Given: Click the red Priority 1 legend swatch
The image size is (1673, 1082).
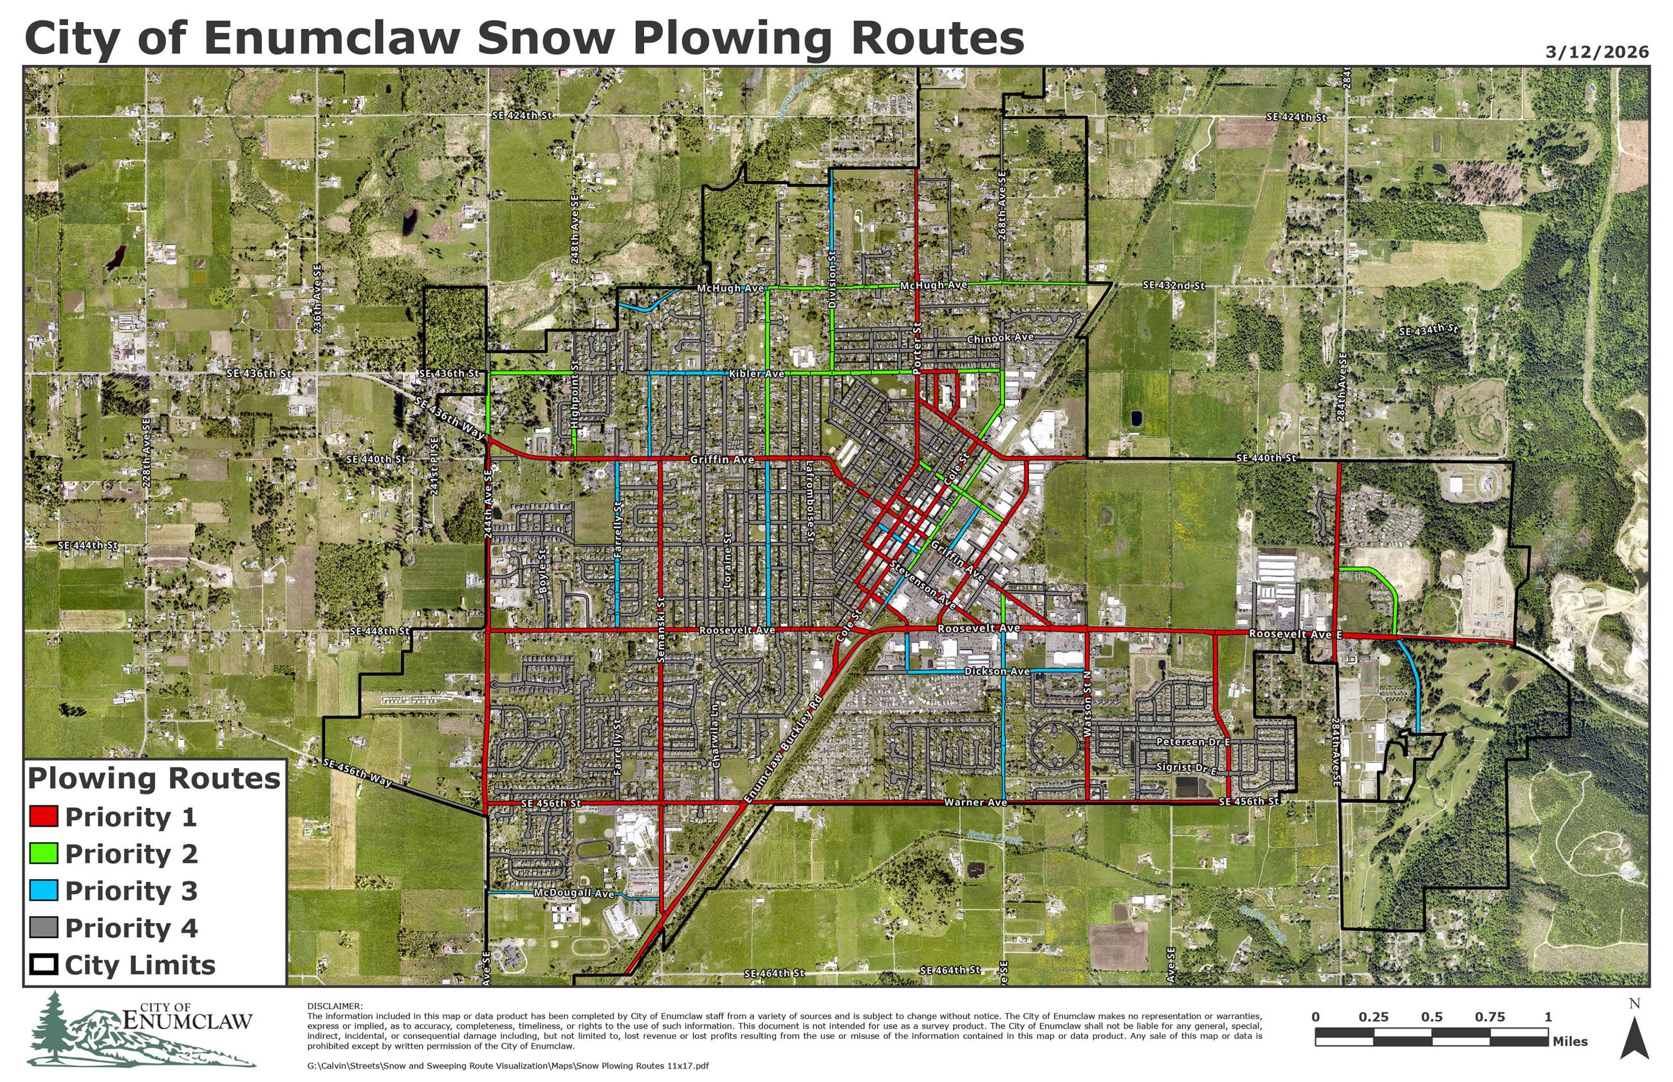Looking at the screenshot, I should pos(44,816).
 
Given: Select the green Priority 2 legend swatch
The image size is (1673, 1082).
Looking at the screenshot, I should pos(44,854).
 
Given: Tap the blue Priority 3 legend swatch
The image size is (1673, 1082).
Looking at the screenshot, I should pos(44,890).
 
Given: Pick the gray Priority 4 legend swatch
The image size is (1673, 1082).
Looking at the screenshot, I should pos(44,928).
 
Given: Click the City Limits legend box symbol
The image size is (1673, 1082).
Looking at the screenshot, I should pos(44,965).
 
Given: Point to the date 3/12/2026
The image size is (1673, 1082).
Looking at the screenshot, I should pos(1596,52).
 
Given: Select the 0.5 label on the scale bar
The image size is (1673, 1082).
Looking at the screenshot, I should pos(1431,1016).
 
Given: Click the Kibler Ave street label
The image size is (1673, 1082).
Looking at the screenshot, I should pos(756,374).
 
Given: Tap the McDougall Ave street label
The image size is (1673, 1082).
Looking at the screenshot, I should pos(573,893).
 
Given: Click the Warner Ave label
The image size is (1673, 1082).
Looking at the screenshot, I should pos(975,802).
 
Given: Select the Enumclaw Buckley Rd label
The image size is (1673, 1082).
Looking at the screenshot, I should pos(782,749).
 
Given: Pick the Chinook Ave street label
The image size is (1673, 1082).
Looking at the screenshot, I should pos(999,338).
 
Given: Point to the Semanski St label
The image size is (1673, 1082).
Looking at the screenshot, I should pos(660,630).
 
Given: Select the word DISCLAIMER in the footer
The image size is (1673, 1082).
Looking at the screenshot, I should pos(335,1006).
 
